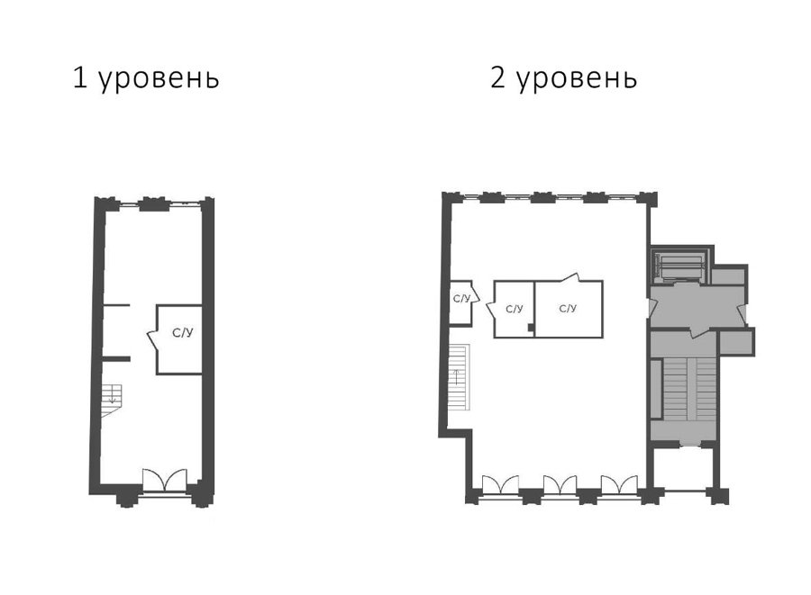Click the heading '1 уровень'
point(146,79)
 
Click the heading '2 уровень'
point(564,79)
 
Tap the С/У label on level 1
point(183,333)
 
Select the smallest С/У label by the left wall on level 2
point(461,299)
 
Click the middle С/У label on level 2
point(515,309)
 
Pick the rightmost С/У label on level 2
point(568,309)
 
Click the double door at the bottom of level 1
point(165,480)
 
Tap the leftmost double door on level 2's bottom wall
point(500,485)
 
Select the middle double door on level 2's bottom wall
point(560,485)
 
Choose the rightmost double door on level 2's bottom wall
point(619,485)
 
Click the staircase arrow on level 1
point(113,397)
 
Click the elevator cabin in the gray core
point(679,266)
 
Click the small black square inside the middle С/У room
point(530,327)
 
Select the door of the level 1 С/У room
point(152,340)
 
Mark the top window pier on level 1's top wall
point(153,203)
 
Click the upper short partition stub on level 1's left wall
point(116,306)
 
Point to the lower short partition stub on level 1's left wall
point(115,358)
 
